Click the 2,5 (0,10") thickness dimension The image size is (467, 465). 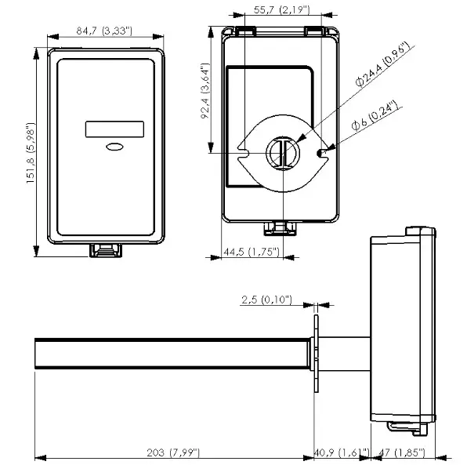tap(266, 300)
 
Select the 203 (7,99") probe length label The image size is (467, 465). tap(172, 452)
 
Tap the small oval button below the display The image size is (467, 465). tap(114, 146)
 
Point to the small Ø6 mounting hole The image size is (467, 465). tap(320, 151)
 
